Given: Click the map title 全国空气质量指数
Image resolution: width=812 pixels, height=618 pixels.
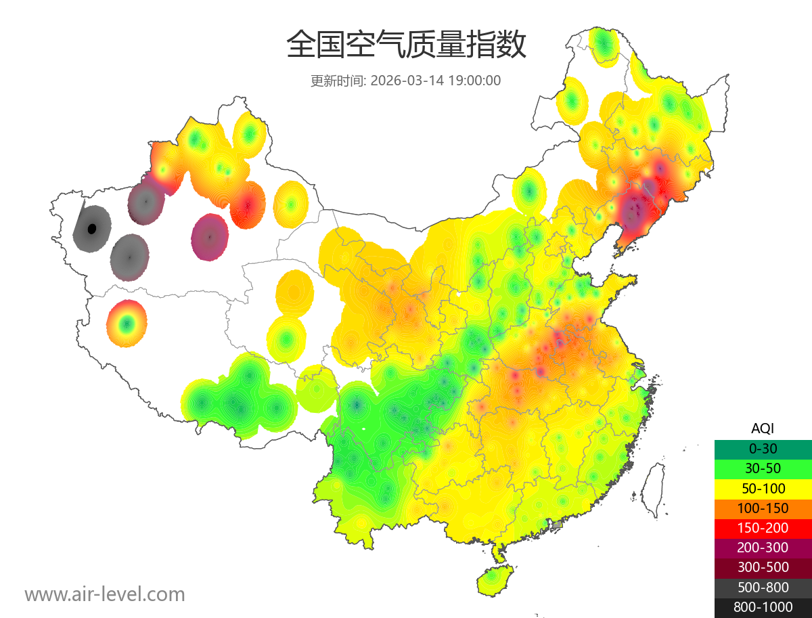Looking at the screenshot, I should click(406, 45).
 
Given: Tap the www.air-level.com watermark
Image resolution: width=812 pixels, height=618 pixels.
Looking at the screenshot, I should click(105, 594).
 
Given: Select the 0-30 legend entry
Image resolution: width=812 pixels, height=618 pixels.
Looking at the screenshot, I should click(763, 448).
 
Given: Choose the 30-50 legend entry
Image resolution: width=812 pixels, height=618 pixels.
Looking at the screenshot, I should click(763, 468).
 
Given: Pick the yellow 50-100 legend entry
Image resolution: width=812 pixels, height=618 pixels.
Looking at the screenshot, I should click(763, 488).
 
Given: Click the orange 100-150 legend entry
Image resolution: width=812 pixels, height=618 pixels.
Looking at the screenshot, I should click(763, 508).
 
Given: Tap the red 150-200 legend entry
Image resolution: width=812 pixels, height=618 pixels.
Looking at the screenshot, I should click(763, 527).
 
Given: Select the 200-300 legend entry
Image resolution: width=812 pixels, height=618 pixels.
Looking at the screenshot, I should click(763, 548).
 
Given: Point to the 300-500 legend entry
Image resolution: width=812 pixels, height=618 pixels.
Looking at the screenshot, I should click(763, 567).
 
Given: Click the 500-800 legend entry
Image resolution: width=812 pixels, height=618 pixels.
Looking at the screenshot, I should click(763, 588).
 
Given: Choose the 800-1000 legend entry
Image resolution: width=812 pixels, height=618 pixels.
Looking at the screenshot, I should click(763, 607).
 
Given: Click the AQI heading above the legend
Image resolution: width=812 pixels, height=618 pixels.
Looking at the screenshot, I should click(763, 428).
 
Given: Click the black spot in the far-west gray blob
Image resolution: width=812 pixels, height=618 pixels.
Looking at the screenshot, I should click(92, 229).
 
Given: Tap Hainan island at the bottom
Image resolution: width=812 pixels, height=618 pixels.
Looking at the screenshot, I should click(495, 580).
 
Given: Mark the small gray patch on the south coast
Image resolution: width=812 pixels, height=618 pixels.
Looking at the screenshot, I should click(557, 525).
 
